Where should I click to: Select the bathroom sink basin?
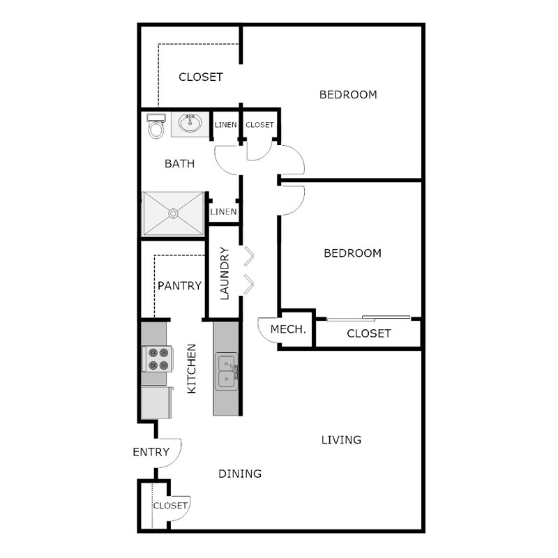[x=189, y=124]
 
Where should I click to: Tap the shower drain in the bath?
[x=173, y=213]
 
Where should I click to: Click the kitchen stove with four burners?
[x=156, y=359]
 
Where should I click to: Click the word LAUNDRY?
[x=225, y=273]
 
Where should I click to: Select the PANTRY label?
[x=179, y=285]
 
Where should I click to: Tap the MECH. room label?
[x=288, y=329]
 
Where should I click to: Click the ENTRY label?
[x=151, y=452]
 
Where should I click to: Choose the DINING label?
[x=240, y=474]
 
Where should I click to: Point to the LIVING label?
[x=341, y=439]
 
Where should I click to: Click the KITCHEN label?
[x=193, y=368]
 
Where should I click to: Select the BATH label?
[x=179, y=164]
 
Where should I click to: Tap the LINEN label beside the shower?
[x=224, y=211]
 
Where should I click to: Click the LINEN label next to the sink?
[x=225, y=125]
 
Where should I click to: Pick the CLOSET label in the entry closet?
[x=170, y=505]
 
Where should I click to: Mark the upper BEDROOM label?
[x=348, y=94]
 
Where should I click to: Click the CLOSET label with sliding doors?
[x=368, y=333]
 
